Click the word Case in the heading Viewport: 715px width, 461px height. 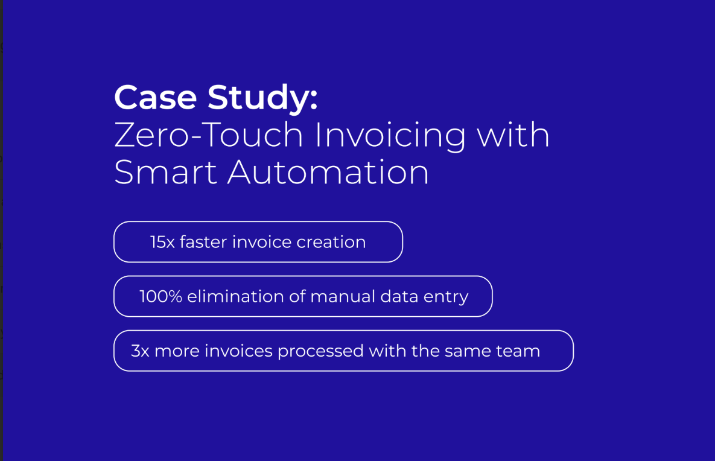pos(155,98)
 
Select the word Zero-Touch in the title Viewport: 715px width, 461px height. pos(208,135)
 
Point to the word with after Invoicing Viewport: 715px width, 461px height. pos(513,135)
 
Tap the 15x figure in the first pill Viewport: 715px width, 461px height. pos(162,242)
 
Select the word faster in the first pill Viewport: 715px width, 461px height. pos(203,242)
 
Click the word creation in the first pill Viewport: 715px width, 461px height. pos(331,242)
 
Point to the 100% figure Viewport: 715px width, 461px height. pos(160,296)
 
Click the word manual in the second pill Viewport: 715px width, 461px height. pos(342,296)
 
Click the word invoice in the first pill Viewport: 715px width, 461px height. pos(262,242)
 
